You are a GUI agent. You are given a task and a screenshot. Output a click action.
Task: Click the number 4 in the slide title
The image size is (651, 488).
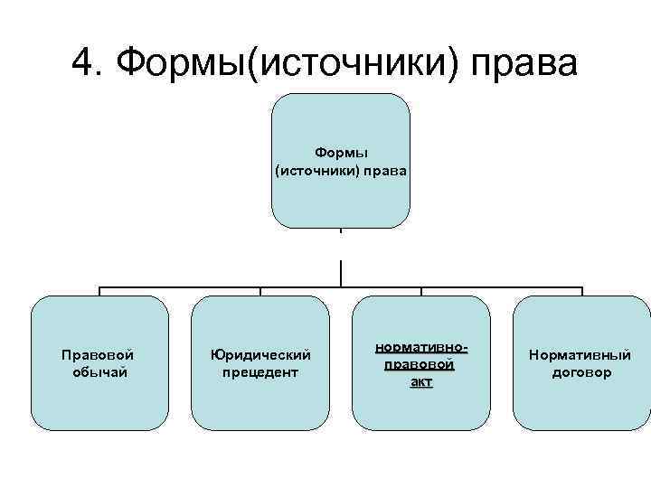tap(83, 63)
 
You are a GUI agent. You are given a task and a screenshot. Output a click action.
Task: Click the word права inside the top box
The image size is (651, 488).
tap(385, 170)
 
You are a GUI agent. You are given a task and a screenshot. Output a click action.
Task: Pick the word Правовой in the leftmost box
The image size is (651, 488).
tap(99, 355)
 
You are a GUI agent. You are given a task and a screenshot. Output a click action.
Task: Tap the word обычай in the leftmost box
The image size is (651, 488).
tap(99, 372)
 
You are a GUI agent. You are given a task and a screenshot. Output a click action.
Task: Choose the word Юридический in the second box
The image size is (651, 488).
tap(260, 355)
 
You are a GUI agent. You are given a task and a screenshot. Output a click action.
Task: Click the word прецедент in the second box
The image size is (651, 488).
tap(260, 372)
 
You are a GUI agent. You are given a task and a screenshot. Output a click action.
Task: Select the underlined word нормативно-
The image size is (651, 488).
tap(420, 348)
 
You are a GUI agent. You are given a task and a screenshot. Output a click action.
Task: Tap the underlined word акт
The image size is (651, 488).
tap(420, 382)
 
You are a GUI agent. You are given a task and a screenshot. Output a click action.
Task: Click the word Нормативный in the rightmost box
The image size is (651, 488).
tap(580, 355)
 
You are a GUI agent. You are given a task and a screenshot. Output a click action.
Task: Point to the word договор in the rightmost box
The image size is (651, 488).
tap(580, 372)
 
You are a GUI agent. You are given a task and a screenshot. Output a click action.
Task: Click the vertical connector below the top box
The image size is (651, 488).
tap(341, 273)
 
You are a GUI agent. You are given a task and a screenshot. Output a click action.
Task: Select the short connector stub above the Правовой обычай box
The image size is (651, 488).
tap(99, 292)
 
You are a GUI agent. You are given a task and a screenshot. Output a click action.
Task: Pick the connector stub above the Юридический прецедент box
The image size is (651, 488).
tap(260, 292)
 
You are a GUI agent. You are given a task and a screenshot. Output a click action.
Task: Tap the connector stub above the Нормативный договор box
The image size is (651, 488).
tap(581, 292)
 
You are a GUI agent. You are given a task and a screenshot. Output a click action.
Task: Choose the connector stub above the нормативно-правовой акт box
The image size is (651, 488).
tap(421, 292)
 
